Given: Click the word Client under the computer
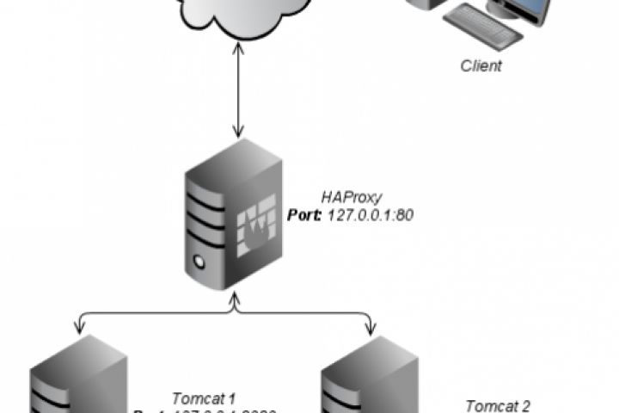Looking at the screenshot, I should (481, 66).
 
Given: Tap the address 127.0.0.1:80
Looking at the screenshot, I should (371, 215).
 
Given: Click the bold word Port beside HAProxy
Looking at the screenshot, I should (303, 215).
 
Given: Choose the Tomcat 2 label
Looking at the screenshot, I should (498, 404).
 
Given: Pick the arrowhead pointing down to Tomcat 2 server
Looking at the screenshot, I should (371, 327).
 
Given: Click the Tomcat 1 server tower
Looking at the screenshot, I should (77, 379).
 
